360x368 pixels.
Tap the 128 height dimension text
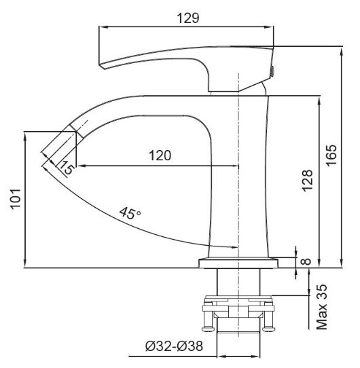point(308,181)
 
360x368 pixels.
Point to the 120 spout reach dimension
point(160,155)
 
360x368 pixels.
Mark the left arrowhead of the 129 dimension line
point(103,28)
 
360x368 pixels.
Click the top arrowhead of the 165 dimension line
point(339,49)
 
